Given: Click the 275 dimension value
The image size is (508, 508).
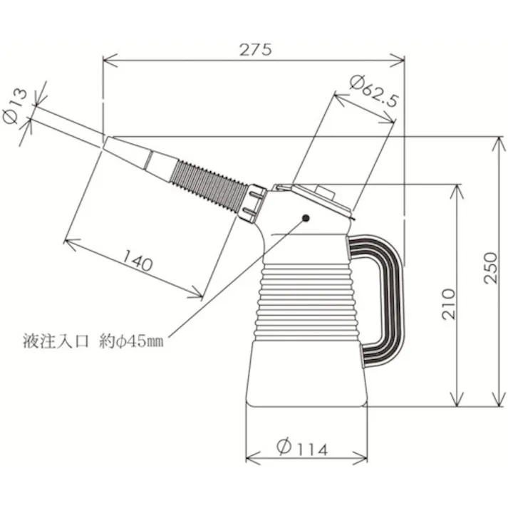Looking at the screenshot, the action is click(x=255, y=50).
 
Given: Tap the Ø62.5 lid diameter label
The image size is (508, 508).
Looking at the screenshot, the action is click(x=373, y=90).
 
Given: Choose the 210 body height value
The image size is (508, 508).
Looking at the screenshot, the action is click(x=448, y=304).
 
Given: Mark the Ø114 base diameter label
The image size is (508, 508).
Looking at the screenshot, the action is click(x=302, y=447).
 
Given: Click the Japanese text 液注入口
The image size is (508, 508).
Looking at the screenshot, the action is click(x=56, y=341).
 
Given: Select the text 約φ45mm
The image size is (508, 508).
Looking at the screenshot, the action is click(x=131, y=342).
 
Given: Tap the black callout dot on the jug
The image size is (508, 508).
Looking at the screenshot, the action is click(x=306, y=218).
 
